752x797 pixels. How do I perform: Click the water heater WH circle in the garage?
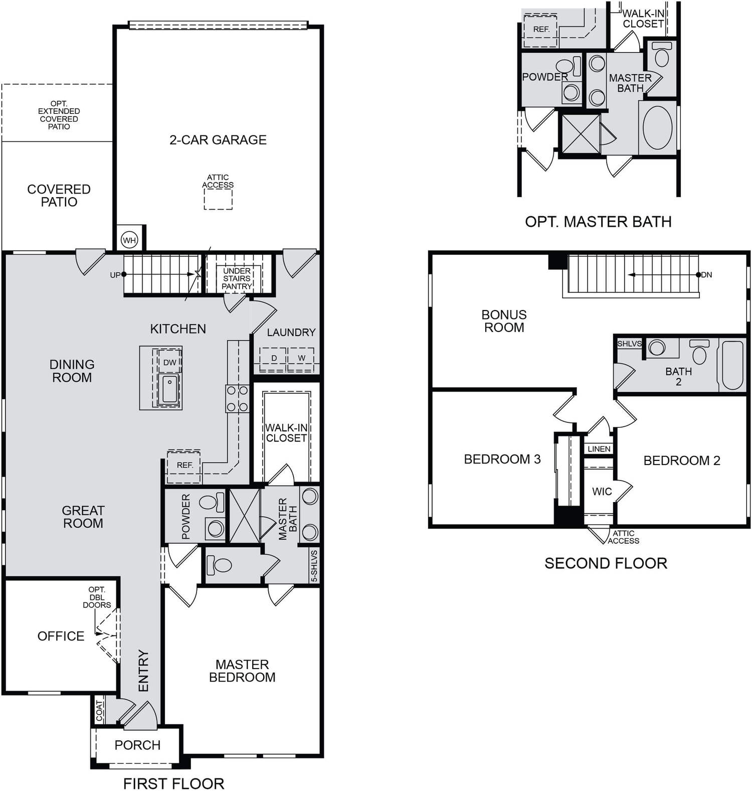pos(129,240)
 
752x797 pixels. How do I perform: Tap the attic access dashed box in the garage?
pos(218,200)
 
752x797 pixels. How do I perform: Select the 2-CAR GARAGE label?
pos(218,140)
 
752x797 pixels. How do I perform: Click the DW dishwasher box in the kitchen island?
pos(169,362)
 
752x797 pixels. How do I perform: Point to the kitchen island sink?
pos(169,389)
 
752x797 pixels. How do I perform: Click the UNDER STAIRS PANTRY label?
pos(237,278)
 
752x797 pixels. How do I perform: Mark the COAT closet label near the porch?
pos(99,711)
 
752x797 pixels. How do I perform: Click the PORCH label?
pos(137,745)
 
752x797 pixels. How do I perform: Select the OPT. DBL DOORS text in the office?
pos(97,597)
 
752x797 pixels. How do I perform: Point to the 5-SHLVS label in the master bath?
pos(314,566)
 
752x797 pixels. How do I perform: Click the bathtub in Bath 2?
pos(732,365)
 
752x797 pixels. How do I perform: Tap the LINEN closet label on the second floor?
pos(599,449)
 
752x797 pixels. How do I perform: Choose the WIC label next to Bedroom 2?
pos(602,492)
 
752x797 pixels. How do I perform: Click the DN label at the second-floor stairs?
pos(706,275)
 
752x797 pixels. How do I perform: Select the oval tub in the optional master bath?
pos(658,127)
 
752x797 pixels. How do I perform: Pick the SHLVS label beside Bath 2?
pos(629,344)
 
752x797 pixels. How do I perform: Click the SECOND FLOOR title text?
pos(606,563)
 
